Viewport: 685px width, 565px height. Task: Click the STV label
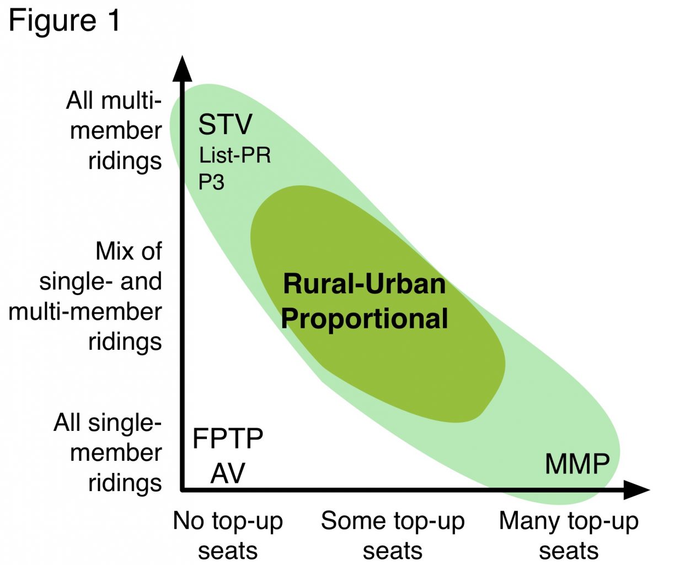click(225, 124)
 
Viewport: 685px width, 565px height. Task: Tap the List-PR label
click(235, 155)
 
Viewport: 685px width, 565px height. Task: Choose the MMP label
click(577, 463)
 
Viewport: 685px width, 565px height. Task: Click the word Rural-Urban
click(364, 284)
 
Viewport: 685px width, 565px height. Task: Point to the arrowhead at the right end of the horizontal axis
click(636, 490)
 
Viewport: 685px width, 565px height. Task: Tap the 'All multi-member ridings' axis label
click(114, 131)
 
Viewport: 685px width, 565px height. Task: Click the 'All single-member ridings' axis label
click(108, 453)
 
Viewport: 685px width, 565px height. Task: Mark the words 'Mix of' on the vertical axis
click(129, 251)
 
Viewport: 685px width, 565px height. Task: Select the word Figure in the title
click(52, 22)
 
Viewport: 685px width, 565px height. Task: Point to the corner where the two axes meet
click(183, 490)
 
